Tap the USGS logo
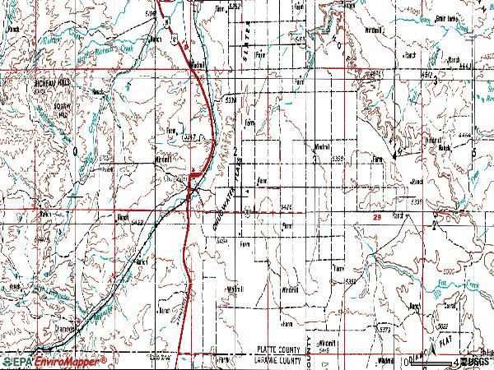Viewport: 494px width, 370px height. pyautogui.click(x=475, y=361)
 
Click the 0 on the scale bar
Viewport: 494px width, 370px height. pyautogui.click(x=409, y=359)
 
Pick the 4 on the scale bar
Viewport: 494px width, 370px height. pyautogui.click(x=454, y=359)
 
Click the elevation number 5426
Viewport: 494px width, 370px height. pyautogui.click(x=287, y=206)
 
